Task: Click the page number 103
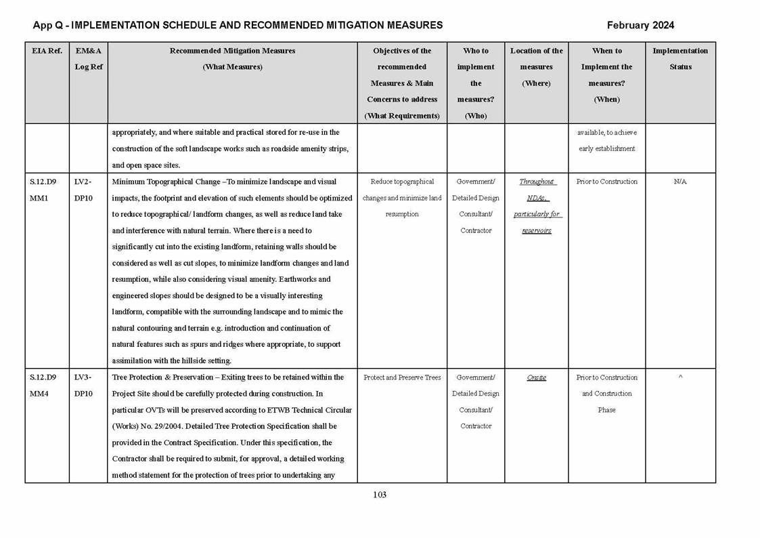click(380, 495)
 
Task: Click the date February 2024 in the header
click(640, 26)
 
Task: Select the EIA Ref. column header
click(47, 51)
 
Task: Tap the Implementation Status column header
click(680, 59)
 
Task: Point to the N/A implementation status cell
click(680, 182)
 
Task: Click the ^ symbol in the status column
click(680, 377)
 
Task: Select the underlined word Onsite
click(537, 377)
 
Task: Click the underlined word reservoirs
click(537, 230)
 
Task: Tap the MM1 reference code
click(39, 198)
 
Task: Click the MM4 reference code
click(39, 394)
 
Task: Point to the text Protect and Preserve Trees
click(402, 377)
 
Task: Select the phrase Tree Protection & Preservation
click(160, 377)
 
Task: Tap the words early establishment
click(607, 149)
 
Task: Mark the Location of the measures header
click(537, 67)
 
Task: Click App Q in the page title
click(48, 26)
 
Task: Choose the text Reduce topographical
click(402, 182)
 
